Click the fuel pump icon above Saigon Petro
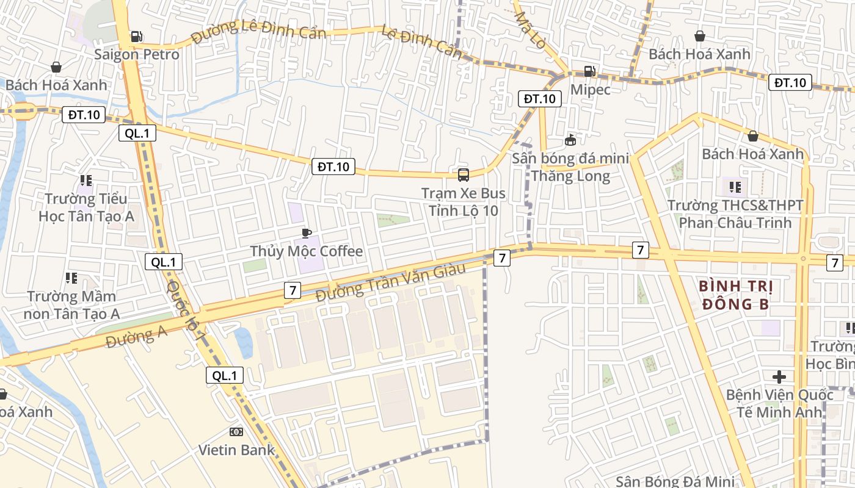coord(137,37)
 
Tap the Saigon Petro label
coord(137,54)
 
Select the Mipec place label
coord(590,89)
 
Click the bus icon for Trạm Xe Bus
coord(464,175)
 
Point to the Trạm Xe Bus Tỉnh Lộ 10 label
coord(464,202)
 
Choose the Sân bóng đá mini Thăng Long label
coord(570,167)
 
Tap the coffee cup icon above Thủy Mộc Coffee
coord(307,233)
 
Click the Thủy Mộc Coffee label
coord(307,251)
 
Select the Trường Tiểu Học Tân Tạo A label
coord(86,207)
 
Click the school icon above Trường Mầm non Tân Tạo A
coord(71,278)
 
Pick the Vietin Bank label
coord(236,450)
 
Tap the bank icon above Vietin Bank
coord(236,432)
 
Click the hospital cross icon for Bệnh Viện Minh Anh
coord(779,376)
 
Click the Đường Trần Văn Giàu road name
coord(391,281)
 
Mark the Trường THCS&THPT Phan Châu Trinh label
coord(735,213)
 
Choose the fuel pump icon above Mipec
coord(589,71)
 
